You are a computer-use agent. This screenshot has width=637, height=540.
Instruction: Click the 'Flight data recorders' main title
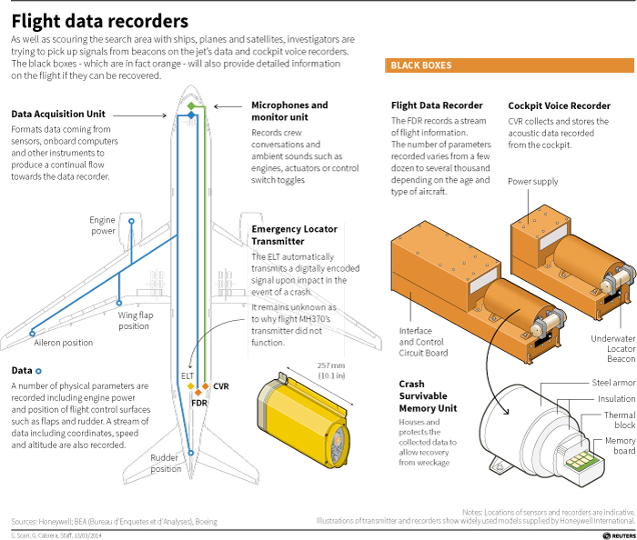pos(100,22)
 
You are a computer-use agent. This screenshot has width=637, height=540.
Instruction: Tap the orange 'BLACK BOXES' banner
pos(510,65)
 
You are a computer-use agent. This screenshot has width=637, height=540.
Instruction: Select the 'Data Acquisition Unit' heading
pos(58,114)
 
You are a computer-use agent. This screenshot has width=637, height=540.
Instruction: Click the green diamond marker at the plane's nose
pos(191,105)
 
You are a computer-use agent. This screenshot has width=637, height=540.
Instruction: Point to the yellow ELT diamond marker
pos(190,386)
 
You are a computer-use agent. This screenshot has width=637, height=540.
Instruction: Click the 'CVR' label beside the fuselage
pos(221,386)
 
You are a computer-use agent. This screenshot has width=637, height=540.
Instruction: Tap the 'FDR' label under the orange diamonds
pos(199,403)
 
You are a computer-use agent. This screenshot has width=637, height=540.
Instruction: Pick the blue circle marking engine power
pos(131,221)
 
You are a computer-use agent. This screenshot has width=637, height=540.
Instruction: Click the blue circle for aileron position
pos(33,334)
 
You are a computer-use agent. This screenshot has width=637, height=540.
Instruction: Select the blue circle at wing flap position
pos(119,303)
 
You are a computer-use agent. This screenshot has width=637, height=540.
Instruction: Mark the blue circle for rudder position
pos(190,453)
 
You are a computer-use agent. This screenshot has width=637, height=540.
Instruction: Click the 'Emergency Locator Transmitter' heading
pos(294,235)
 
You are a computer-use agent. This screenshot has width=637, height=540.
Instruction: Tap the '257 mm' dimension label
pos(330,365)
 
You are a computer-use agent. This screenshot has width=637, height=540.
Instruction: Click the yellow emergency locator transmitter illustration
pos(303,421)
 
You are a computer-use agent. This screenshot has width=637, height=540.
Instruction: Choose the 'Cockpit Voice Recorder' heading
pos(559,105)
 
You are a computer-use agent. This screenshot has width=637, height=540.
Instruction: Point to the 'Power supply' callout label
pos(532,181)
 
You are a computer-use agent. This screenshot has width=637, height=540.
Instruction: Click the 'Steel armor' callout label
pos(613,383)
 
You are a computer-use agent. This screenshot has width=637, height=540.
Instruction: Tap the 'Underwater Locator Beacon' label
pos(613,348)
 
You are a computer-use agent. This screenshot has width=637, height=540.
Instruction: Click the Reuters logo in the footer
pos(619,536)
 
